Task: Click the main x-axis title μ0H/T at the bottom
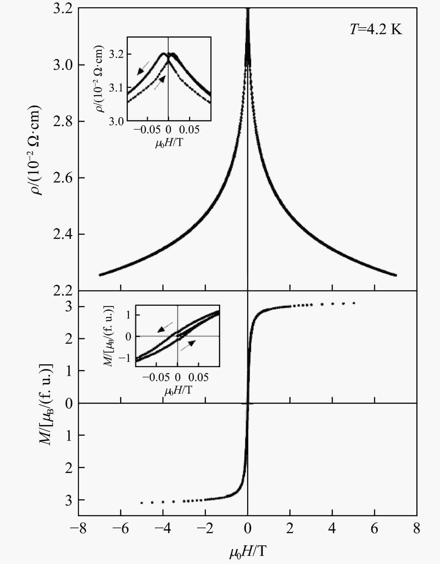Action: click(x=248, y=552)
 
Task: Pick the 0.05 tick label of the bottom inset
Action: click(x=198, y=377)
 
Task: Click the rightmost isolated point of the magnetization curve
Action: click(x=354, y=303)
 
